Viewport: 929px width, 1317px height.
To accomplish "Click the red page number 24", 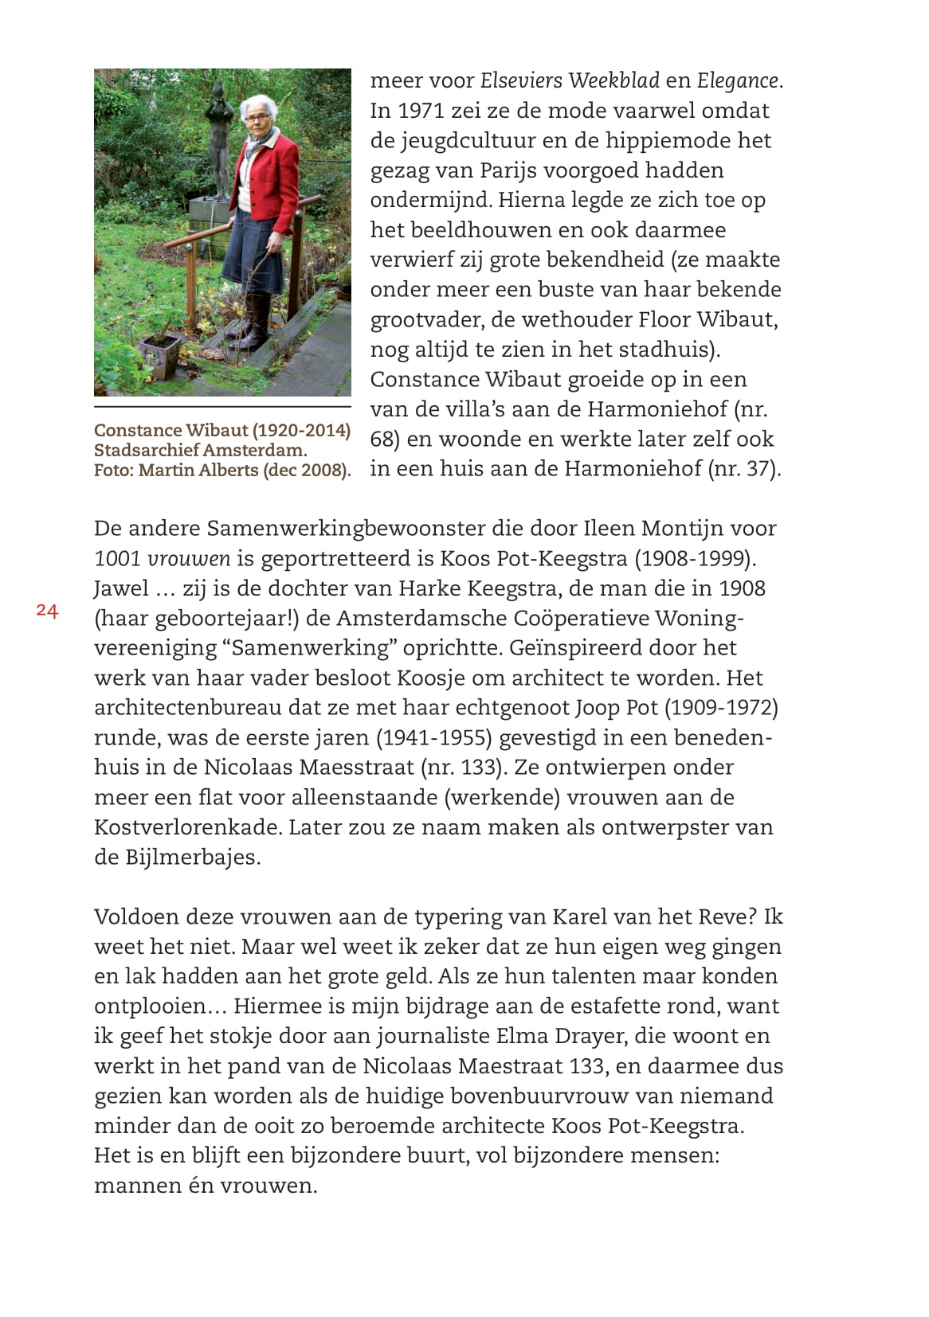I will point(47,611).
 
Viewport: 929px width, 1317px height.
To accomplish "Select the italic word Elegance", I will point(737,80).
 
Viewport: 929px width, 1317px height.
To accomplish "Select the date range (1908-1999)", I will point(695,559).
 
